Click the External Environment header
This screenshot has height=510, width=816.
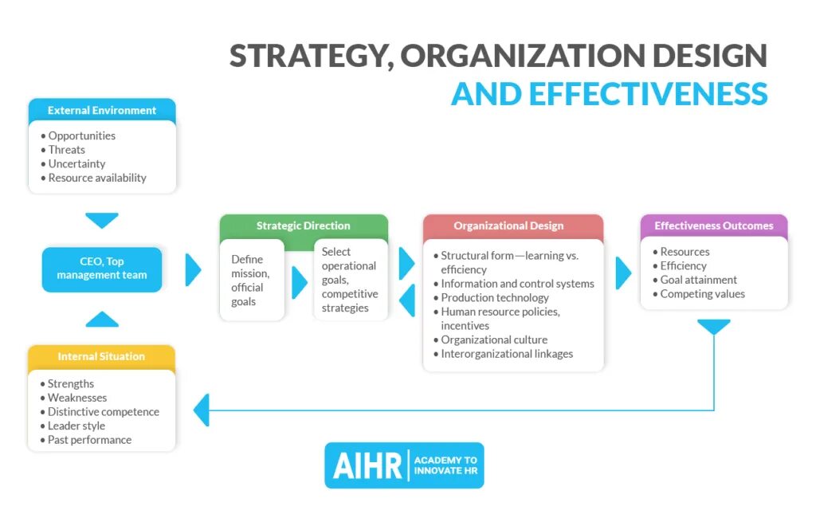[102, 110]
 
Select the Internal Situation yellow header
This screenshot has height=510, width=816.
[101, 356]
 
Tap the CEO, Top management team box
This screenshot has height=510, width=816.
[102, 269]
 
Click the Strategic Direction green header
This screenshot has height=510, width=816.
[303, 226]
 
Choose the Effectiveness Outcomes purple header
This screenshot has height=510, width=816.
[713, 226]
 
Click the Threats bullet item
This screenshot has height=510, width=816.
[66, 150]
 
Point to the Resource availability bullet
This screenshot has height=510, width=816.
[96, 178]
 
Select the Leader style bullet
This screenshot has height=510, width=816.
[76, 426]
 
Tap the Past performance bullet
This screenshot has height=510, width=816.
[89, 440]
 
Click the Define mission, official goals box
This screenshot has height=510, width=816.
[251, 280]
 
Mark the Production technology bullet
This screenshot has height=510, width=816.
[494, 297]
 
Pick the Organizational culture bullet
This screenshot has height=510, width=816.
[494, 339]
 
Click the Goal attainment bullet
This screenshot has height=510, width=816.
[698, 280]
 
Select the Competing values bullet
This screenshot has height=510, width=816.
[702, 294]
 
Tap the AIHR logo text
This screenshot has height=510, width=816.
[365, 466]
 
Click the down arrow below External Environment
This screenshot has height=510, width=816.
[102, 220]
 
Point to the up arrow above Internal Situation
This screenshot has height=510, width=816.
[102, 319]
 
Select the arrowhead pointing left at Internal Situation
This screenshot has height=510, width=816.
[202, 410]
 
